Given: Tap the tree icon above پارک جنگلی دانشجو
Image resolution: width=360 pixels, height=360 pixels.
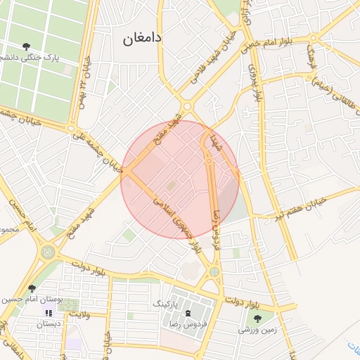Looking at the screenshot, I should pyautogui.click(x=26, y=47).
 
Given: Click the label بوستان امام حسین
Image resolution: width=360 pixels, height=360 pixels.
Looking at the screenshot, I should pyautogui.click(x=31, y=300).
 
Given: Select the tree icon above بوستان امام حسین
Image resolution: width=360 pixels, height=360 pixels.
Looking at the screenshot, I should pyautogui.click(x=31, y=288).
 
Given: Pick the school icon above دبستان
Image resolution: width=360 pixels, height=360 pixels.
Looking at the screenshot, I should pyautogui.click(x=49, y=313).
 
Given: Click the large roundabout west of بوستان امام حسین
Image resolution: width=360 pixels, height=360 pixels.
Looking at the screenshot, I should pyautogui.click(x=48, y=252).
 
